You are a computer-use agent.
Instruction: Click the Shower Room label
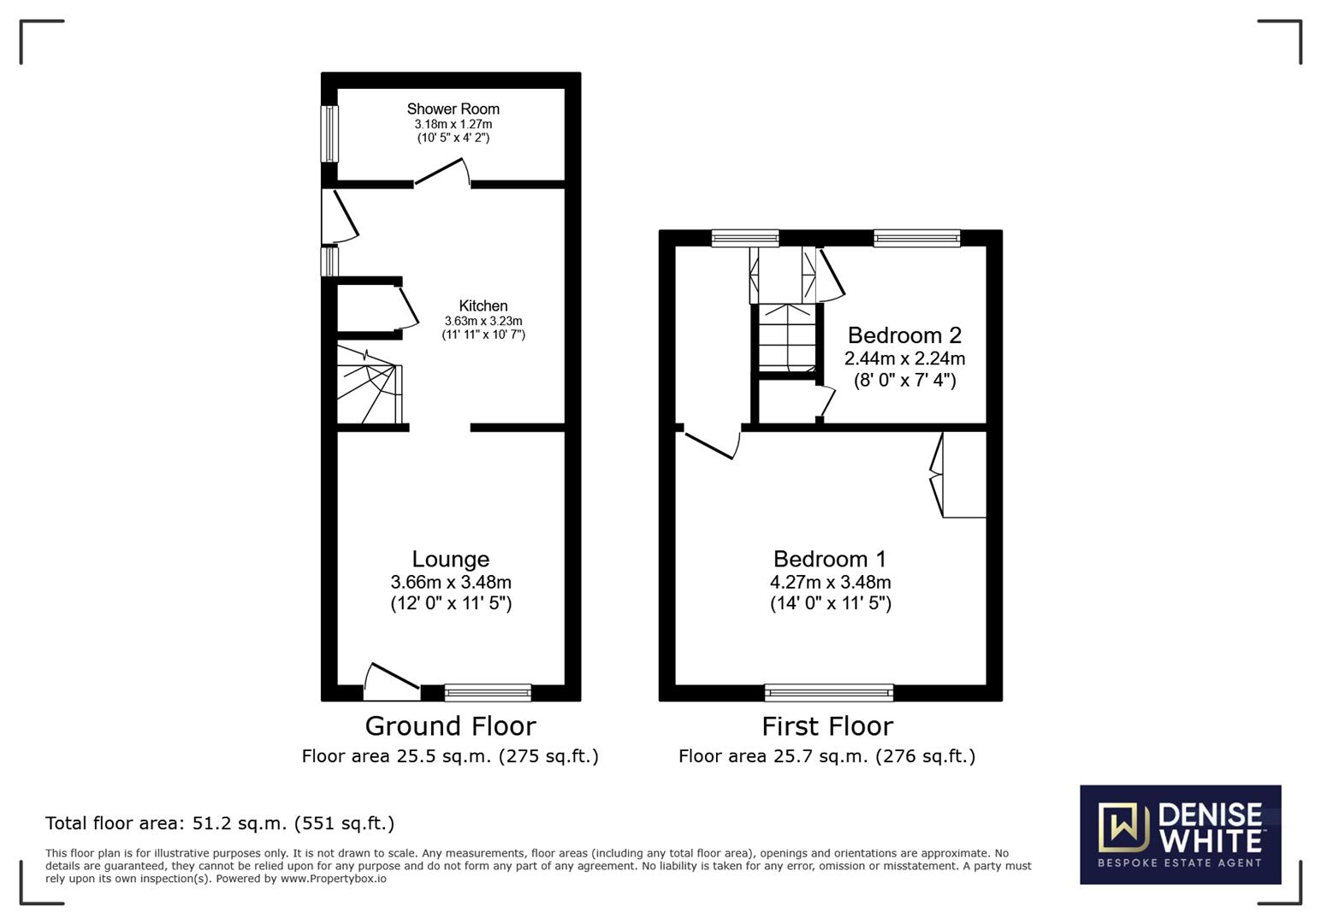pyautogui.click(x=453, y=110)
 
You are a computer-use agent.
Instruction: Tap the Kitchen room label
pyautogui.click(x=483, y=305)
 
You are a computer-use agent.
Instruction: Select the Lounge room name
pyautogui.click(x=451, y=559)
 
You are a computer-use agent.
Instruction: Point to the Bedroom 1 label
pyautogui.click(x=830, y=559)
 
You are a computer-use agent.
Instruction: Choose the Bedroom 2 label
pyautogui.click(x=904, y=335)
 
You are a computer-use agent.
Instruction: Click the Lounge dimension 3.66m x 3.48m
pyautogui.click(x=451, y=583)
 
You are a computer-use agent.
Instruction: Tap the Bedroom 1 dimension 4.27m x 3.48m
pyautogui.click(x=831, y=583)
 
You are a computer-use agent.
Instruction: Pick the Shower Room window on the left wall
pyautogui.click(x=329, y=133)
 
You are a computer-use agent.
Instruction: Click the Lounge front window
pyautogui.click(x=488, y=693)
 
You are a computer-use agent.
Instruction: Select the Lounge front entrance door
pyautogui.click(x=392, y=684)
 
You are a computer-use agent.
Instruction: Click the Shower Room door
pyautogui.click(x=442, y=172)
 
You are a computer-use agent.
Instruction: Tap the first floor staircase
pyautogui.click(x=787, y=339)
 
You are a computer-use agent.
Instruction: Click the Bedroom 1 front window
pyautogui.click(x=829, y=693)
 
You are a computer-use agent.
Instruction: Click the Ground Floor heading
pyautogui.click(x=451, y=726)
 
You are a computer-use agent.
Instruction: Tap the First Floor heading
pyautogui.click(x=827, y=726)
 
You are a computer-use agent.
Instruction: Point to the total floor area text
pyautogui.click(x=220, y=823)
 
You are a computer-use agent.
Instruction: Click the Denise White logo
pyautogui.click(x=1181, y=834)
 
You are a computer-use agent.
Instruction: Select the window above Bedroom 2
pyautogui.click(x=917, y=238)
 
